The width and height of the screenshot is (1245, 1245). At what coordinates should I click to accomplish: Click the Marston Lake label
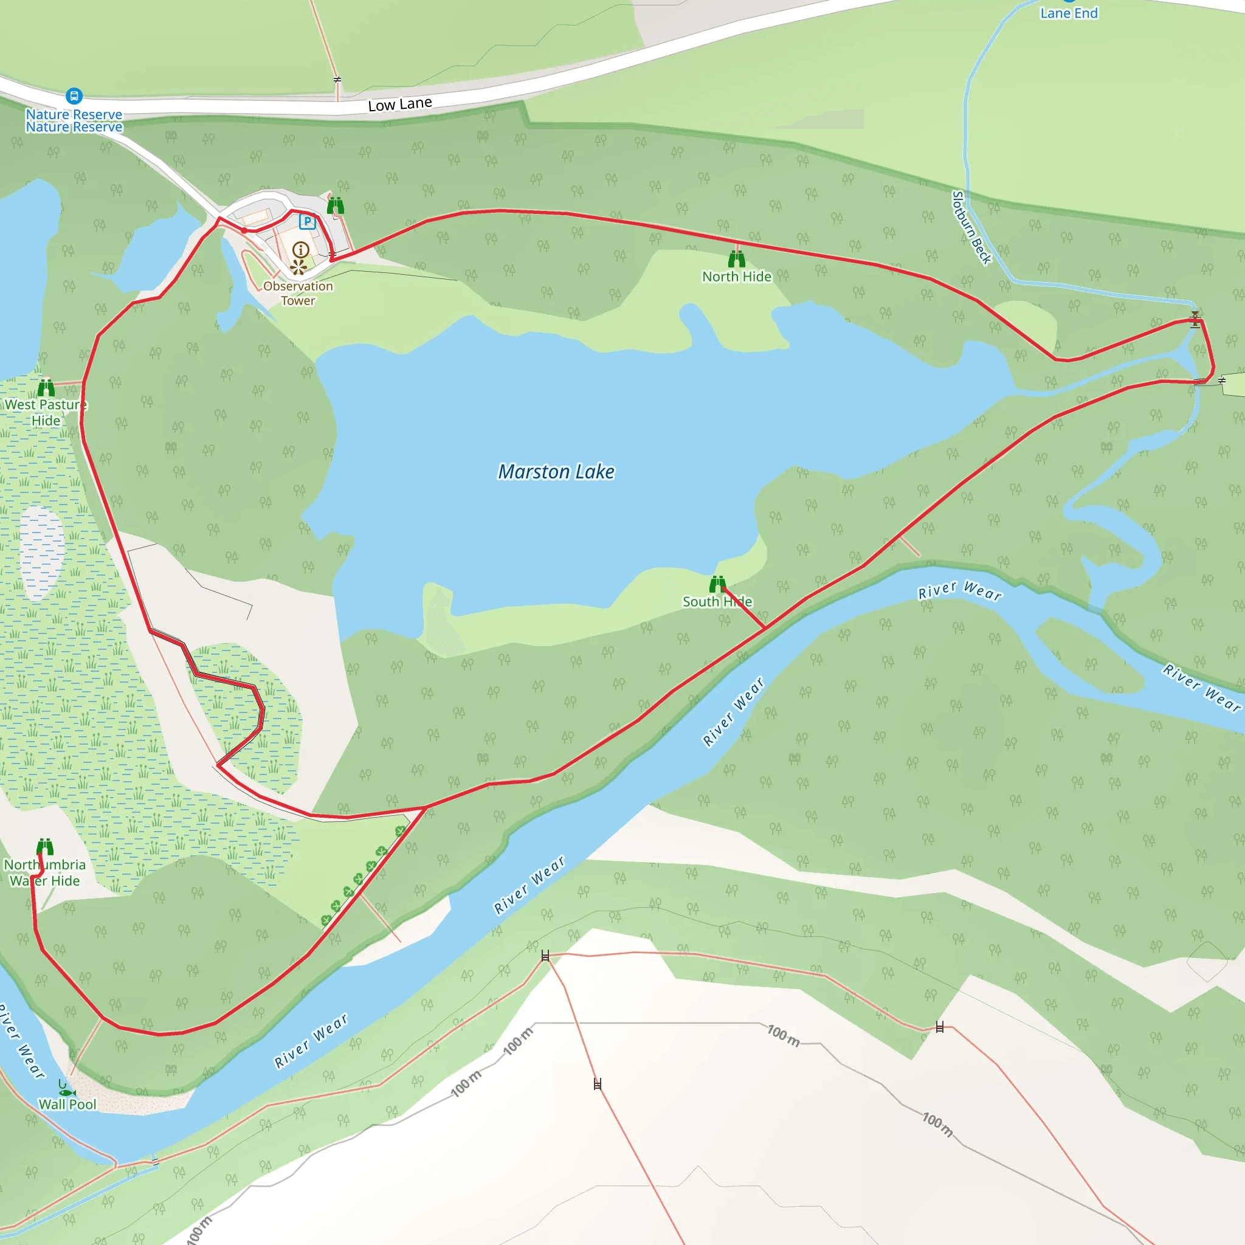pos(556,472)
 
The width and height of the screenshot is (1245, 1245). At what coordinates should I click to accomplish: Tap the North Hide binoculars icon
pos(737,259)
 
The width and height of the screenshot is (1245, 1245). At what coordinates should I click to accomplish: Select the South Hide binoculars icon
pos(717,584)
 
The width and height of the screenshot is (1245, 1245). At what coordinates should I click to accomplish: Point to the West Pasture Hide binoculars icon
pos(46,387)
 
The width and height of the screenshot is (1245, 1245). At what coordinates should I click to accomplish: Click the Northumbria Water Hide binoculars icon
pos(45,847)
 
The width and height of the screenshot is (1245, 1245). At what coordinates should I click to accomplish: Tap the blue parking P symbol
pos(308,222)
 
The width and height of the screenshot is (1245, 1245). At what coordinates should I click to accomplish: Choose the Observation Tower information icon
pos(301,249)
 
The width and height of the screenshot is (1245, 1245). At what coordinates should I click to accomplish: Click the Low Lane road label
pos(399,105)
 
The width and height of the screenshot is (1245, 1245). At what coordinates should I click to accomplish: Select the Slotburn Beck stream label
pos(972,227)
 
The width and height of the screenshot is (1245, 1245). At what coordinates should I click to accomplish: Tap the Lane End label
pos(1069,13)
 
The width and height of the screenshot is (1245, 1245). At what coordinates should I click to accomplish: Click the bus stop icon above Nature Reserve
pos(74,96)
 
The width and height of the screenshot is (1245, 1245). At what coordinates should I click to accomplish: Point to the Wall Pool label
pos(67,1105)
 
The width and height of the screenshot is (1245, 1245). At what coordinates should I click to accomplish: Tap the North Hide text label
pos(737,277)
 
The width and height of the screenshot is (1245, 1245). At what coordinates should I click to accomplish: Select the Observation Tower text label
pos(298,293)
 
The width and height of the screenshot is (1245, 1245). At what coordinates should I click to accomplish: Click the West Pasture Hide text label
pos(45,412)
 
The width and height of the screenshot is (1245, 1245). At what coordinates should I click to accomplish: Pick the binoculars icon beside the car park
pos(335,206)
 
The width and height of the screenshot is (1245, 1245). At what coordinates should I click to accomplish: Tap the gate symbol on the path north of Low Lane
pos(337,80)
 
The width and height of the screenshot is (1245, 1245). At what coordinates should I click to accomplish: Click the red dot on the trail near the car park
pos(244,230)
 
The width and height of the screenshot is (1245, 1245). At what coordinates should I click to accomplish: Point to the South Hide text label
pos(717,602)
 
